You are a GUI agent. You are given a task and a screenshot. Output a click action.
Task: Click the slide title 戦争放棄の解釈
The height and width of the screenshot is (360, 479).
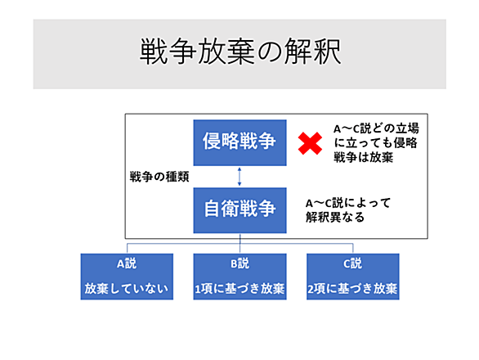click(239, 52)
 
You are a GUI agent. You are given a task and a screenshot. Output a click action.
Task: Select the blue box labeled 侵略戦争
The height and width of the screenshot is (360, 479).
click(239, 142)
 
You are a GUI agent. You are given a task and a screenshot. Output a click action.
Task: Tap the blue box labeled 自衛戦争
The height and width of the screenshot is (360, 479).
click(239, 210)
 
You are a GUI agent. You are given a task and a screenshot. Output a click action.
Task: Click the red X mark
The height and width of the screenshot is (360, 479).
click(310, 143)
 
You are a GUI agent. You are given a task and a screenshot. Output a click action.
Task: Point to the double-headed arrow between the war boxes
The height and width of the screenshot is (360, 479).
click(239, 177)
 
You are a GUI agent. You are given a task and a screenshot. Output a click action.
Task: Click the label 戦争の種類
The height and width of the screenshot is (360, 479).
click(159, 177)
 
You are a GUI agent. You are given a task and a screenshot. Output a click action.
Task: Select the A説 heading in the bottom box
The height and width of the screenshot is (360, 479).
click(127, 263)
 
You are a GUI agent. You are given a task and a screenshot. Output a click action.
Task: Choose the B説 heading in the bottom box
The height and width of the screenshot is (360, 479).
click(239, 263)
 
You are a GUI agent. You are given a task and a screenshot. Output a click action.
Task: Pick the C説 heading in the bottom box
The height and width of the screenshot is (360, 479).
click(353, 263)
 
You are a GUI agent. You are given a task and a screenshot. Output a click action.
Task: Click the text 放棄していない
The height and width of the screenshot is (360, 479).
click(127, 289)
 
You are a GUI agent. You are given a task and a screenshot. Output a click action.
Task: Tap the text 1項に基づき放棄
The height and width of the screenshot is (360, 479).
click(239, 289)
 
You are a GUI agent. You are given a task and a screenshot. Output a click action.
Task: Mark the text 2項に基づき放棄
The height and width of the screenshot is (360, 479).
click(352, 289)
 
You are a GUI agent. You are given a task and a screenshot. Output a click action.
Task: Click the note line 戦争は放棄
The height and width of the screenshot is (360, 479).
click(363, 157)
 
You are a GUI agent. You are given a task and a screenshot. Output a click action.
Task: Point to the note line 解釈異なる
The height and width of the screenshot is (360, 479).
click(335, 217)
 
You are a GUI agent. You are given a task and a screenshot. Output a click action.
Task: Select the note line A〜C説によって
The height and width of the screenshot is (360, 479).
click(348, 203)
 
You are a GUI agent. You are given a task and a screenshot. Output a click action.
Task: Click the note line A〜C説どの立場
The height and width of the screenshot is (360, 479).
click(376, 128)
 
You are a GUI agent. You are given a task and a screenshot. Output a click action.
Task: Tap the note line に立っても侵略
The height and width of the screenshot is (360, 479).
click(375, 143)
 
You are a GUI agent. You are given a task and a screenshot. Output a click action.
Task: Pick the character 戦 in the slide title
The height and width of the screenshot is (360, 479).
click(154, 52)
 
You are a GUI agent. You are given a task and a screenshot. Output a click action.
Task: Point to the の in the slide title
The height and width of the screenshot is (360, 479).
click(270, 52)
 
